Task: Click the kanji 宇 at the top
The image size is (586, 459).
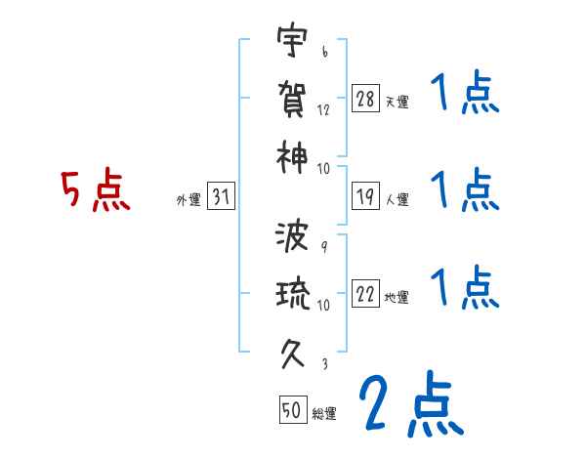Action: pos(292,43)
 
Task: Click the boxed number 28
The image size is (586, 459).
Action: pos(366,99)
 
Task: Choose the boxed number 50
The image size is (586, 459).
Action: pos(292,411)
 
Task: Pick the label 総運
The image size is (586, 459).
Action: pos(324,414)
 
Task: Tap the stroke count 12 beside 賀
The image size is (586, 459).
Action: pos(323,110)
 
